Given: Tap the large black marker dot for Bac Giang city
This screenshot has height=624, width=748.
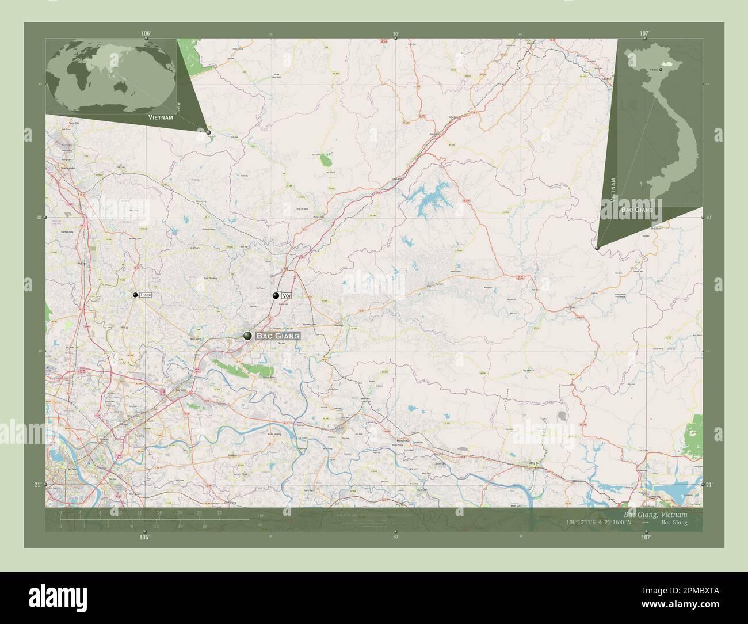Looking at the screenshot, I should pos(248,336).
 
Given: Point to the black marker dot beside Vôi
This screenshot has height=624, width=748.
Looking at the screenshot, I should pos(276,296).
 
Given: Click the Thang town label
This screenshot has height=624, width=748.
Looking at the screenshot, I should pos(145,295).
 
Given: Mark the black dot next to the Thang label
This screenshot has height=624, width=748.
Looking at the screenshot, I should pos(135,295).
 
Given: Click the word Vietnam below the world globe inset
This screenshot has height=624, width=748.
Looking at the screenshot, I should pos(160,117).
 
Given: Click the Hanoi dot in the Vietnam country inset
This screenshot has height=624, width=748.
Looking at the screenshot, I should pos(661,69).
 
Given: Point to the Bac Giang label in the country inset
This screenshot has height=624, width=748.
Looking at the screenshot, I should pos(637,210).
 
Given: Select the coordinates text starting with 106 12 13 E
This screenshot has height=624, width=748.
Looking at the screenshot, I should pos(600,523).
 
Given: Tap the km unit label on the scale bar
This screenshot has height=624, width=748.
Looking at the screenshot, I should pos(261,514).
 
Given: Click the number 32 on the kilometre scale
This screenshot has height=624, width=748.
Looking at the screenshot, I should pos(219,512).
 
